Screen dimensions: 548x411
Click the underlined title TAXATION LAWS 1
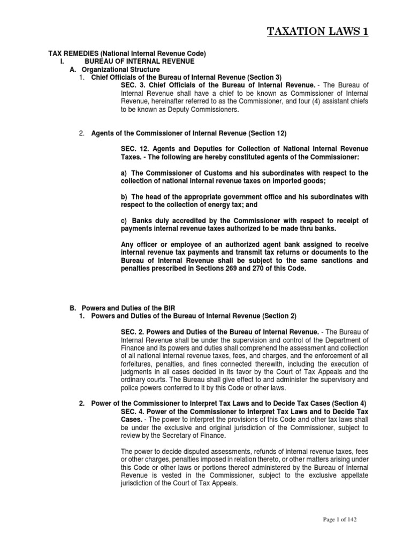318,32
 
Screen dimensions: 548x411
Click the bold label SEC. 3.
133,85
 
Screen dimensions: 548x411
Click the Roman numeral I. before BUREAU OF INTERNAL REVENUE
62,62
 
